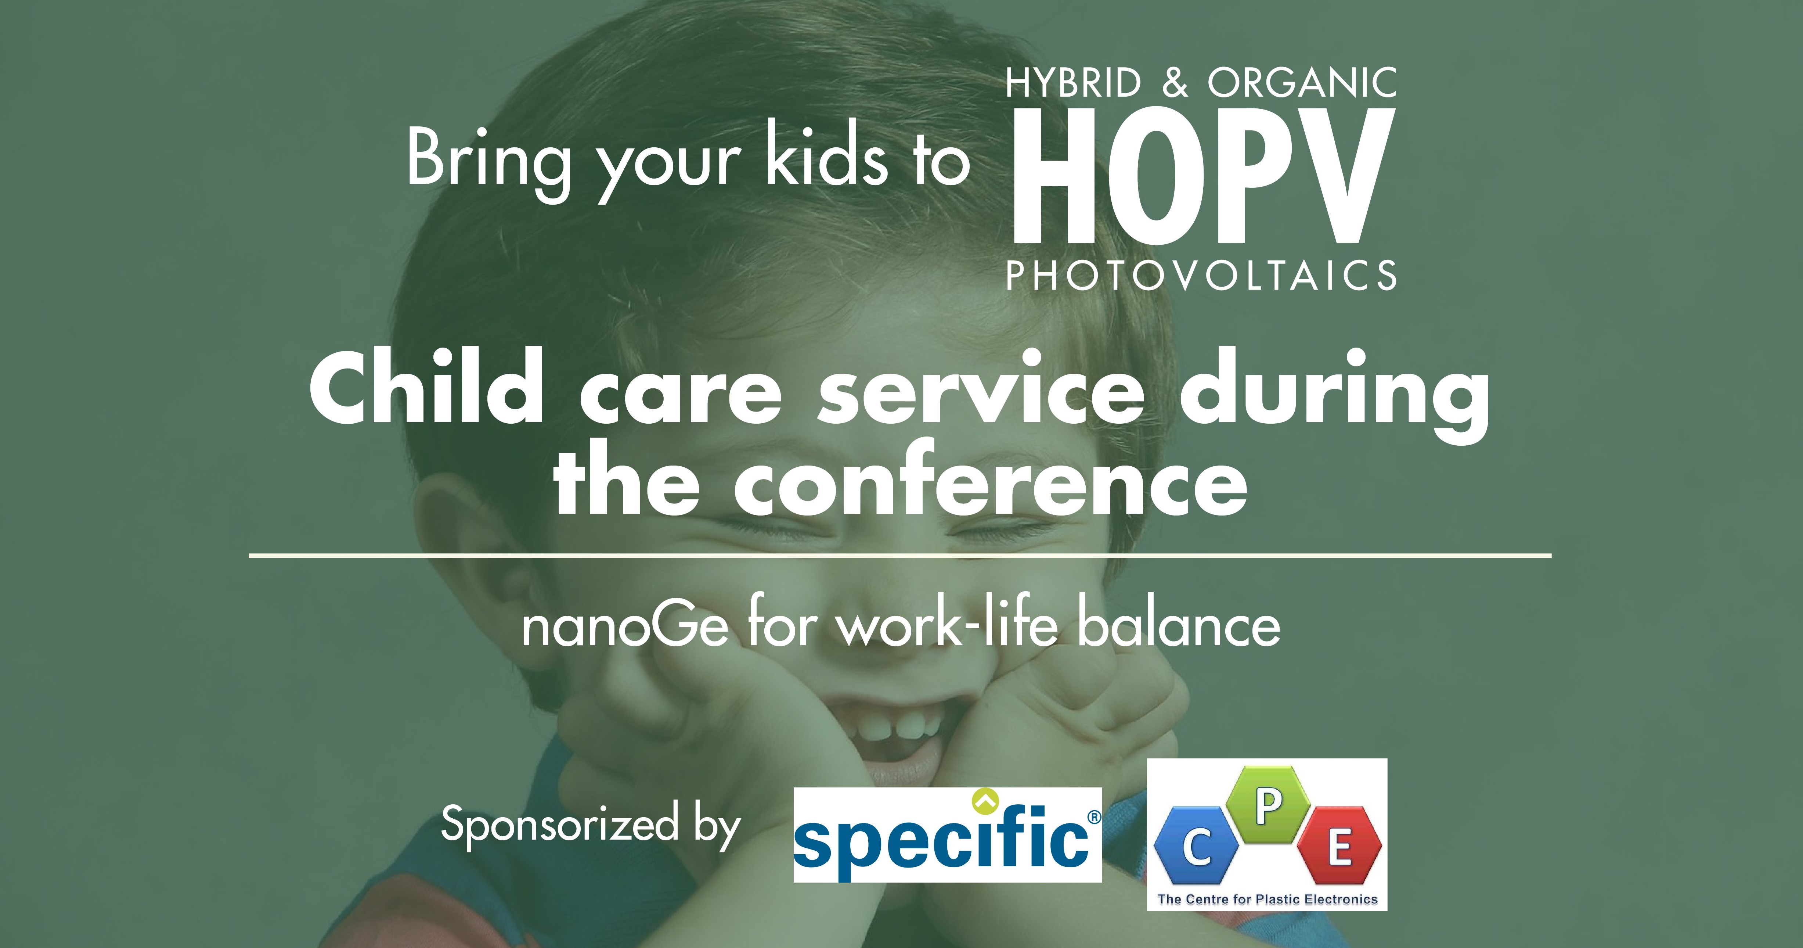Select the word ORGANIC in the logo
[1302, 83]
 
